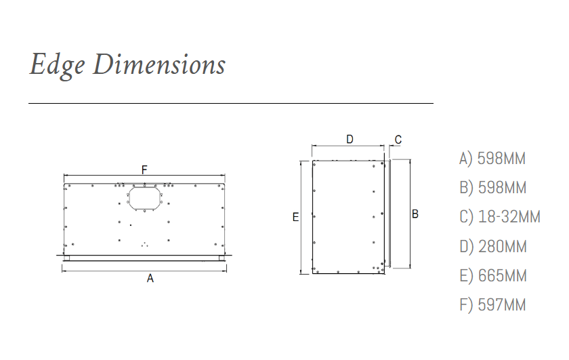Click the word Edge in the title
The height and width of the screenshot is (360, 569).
pyautogui.click(x=57, y=65)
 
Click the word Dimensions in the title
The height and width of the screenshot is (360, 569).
pyautogui.click(x=159, y=64)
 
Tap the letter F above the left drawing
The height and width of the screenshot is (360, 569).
pyautogui.click(x=144, y=169)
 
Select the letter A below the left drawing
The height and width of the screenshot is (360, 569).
pyautogui.click(x=150, y=278)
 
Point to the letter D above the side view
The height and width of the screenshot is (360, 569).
pyautogui.click(x=350, y=139)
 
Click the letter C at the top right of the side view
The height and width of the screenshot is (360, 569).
pyautogui.click(x=398, y=140)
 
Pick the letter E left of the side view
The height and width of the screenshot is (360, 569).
pyautogui.click(x=296, y=217)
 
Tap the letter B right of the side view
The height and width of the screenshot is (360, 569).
pyautogui.click(x=415, y=214)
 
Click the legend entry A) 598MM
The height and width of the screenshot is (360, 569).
pyautogui.click(x=492, y=159)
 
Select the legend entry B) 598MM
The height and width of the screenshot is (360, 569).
pyautogui.click(x=493, y=188)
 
